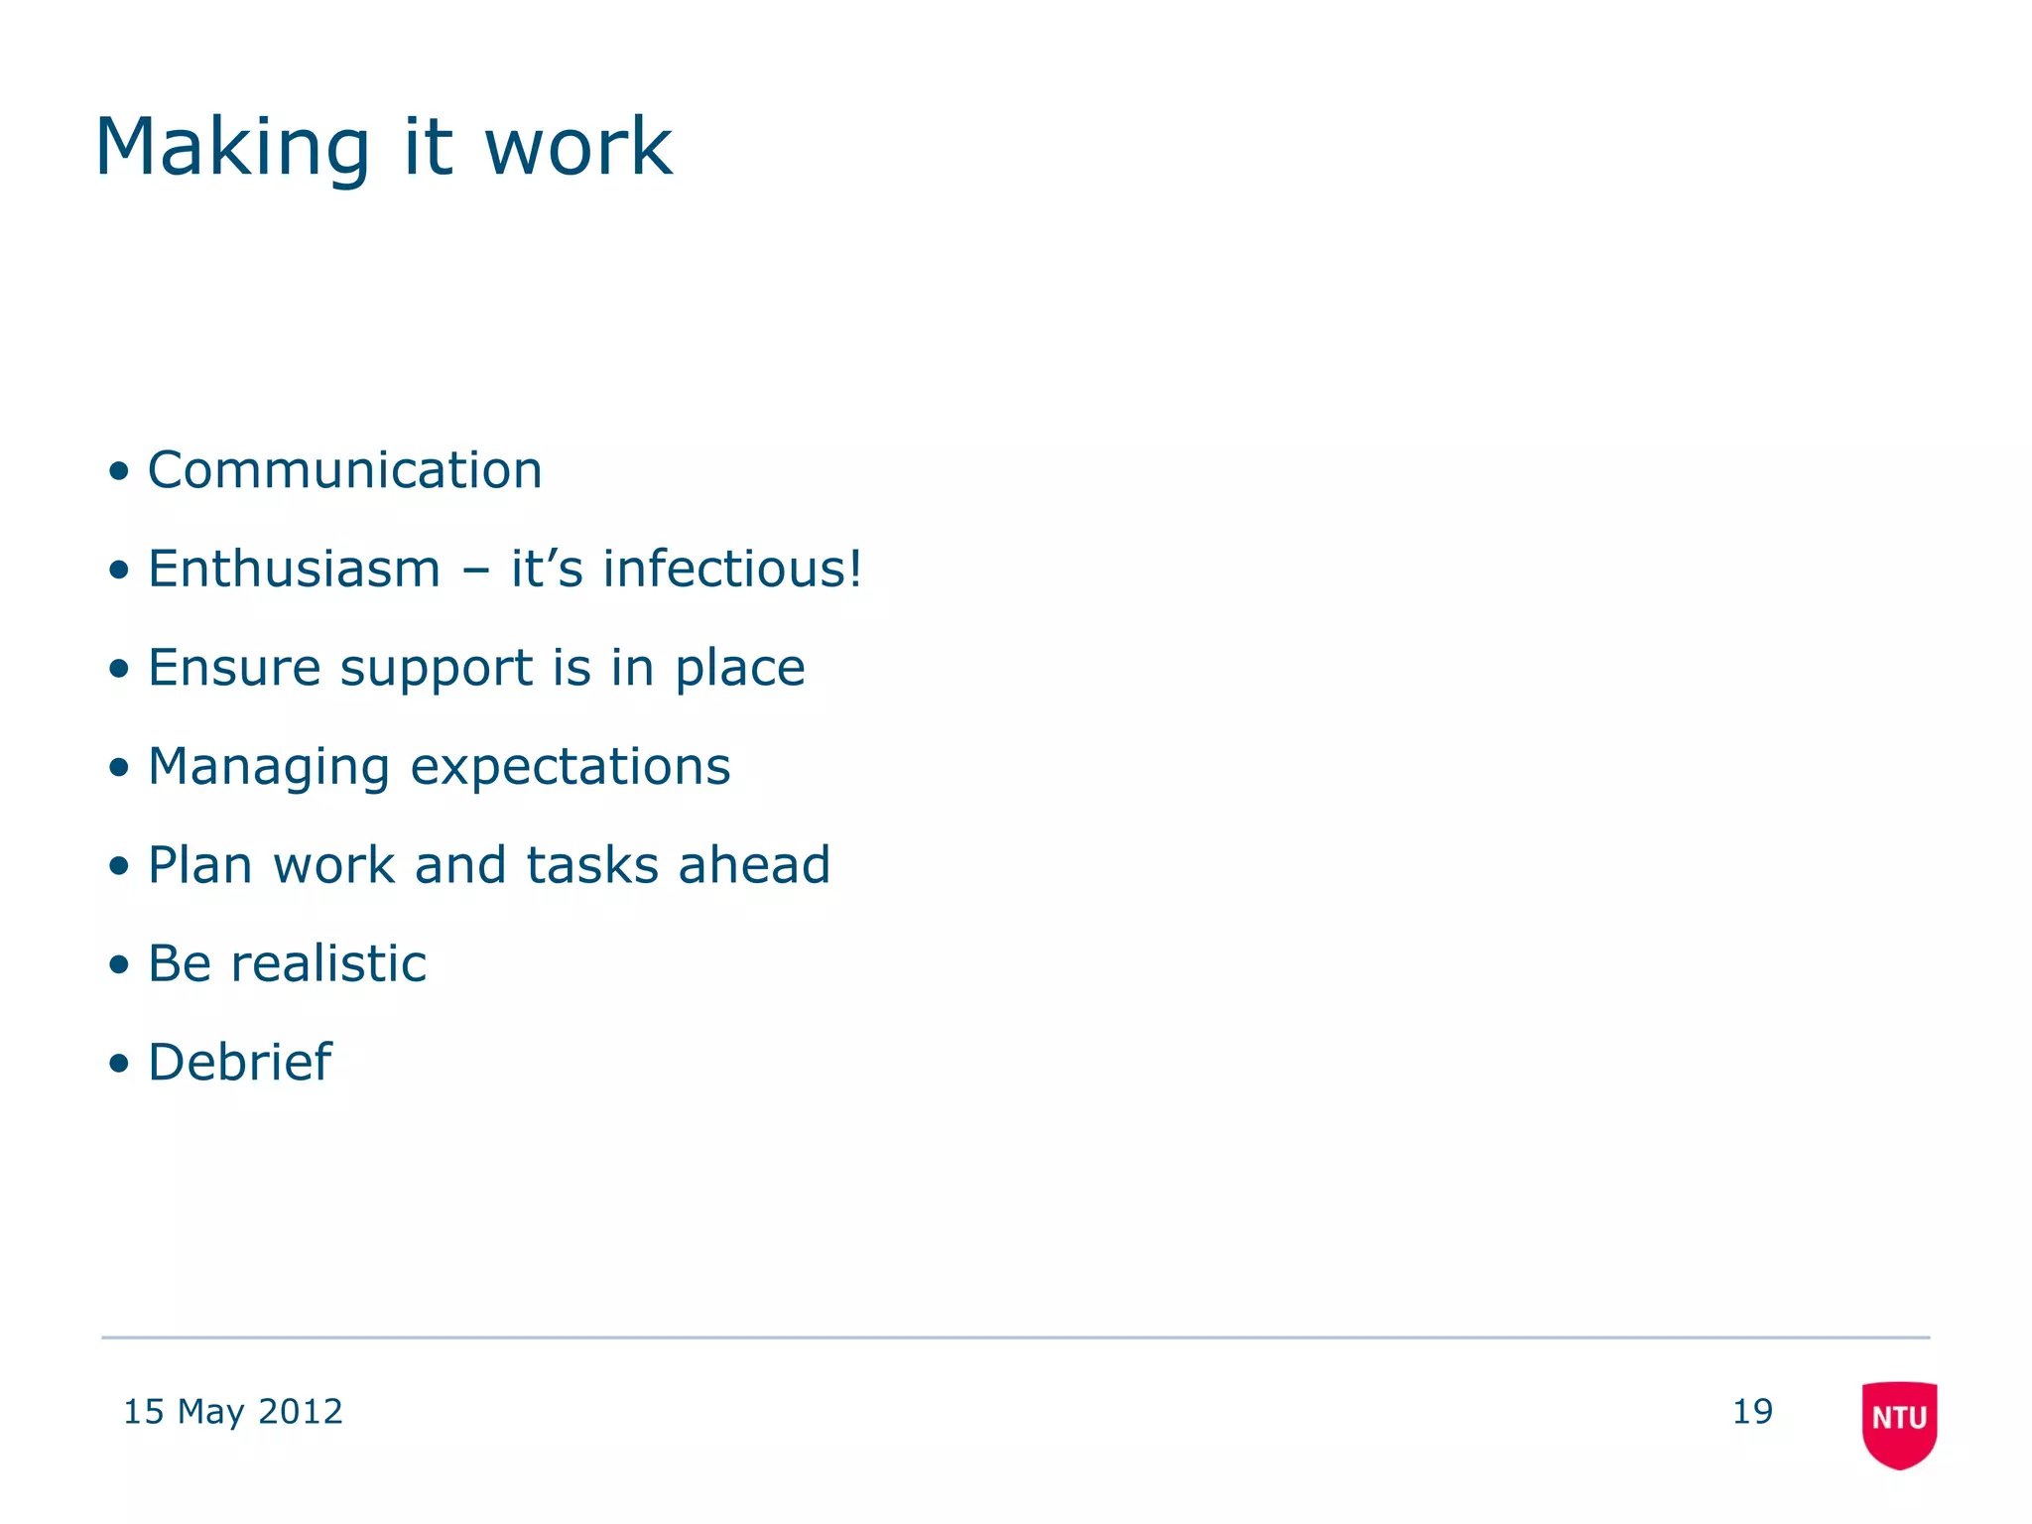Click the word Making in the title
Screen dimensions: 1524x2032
tap(232, 149)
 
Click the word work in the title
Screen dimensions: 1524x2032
tap(577, 149)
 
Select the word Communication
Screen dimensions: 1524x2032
tap(344, 470)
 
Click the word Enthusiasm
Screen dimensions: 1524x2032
tap(294, 570)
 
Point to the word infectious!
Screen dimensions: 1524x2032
tap(732, 570)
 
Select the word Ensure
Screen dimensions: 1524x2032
tap(234, 668)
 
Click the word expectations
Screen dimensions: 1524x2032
tap(571, 768)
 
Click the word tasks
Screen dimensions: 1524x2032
tap(592, 865)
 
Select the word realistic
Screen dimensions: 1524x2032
tap(328, 963)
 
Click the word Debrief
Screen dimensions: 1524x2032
tap(239, 1063)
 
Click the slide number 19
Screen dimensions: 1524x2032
tap(1752, 1412)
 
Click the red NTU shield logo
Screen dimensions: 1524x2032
tap(1899, 1423)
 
